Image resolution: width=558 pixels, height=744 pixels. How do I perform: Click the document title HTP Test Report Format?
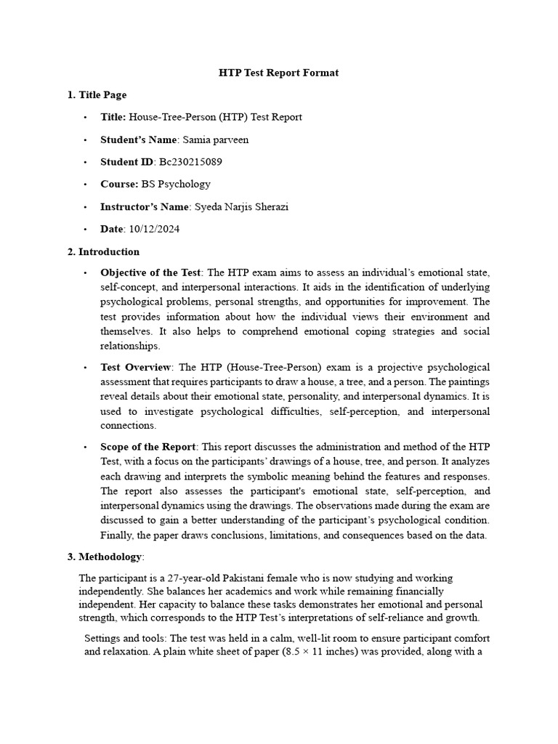point(279,73)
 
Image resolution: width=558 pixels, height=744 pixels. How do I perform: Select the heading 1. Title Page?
point(97,94)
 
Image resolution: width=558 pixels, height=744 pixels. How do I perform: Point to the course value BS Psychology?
point(176,185)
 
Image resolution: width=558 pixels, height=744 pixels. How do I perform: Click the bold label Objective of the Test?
point(150,273)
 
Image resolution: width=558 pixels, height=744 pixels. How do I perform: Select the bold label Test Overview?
point(136,367)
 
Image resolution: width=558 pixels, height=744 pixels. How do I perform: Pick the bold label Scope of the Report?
point(147,446)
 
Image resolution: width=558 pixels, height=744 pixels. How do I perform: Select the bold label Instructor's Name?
point(145,207)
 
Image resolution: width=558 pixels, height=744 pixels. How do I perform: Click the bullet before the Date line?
point(85,230)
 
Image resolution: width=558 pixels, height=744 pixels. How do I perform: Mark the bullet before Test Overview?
point(85,367)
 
